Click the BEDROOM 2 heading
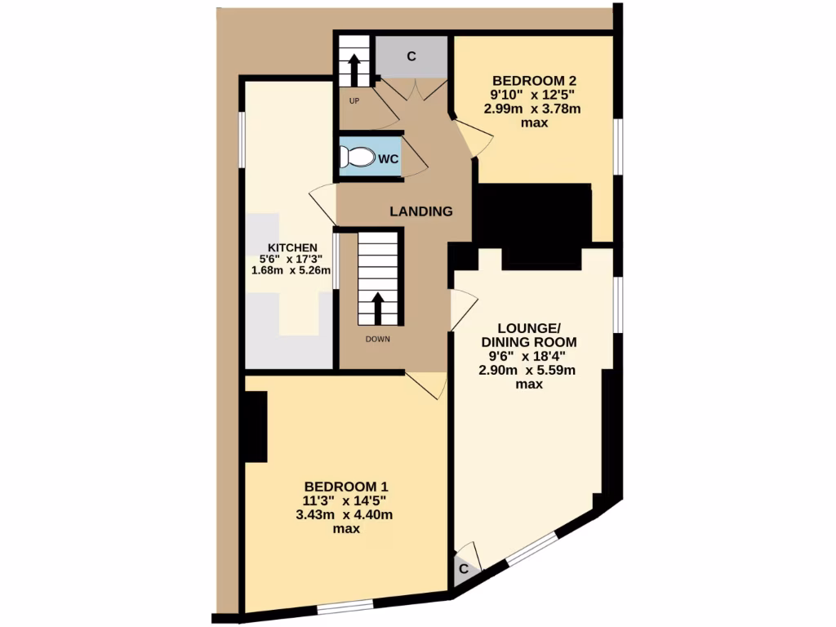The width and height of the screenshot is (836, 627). [x=535, y=81]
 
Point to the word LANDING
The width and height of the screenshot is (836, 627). [x=420, y=211]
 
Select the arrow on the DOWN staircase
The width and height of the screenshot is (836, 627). [x=378, y=307]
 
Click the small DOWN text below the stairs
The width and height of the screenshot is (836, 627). [x=378, y=339]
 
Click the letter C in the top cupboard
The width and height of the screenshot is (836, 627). [x=411, y=56]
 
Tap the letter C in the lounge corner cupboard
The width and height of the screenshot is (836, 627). [x=463, y=569]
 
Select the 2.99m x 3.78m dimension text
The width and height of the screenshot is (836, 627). [x=535, y=109]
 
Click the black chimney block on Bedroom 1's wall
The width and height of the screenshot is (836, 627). [x=256, y=427]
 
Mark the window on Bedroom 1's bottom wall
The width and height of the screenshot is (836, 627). [x=345, y=606]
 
